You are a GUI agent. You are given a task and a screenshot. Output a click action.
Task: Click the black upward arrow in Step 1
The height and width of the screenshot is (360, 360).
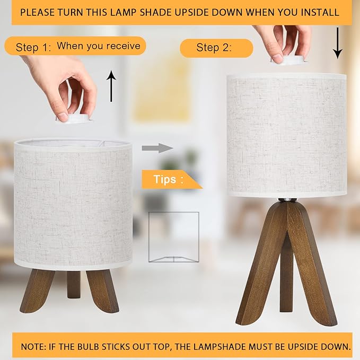click(111, 87)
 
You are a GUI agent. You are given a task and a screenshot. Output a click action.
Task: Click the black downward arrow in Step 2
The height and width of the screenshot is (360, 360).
click(337, 45)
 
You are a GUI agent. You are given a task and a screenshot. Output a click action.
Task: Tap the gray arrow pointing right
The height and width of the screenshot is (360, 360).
click(158, 148)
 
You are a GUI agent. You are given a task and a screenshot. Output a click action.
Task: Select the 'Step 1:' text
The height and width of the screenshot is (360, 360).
click(33, 48)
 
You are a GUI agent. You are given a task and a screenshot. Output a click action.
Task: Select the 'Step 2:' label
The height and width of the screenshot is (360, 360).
click(214, 48)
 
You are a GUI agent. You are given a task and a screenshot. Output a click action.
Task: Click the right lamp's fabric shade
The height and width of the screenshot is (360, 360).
click(287, 135)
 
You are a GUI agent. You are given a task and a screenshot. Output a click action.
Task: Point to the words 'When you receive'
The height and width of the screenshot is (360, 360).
click(99, 46)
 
